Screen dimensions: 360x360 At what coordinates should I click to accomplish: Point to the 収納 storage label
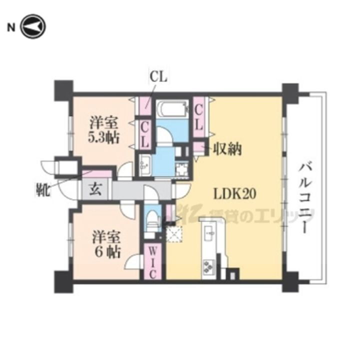pos(227,148)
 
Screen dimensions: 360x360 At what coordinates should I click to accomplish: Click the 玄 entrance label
pos(96,190)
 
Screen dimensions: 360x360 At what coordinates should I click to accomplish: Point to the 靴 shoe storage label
pos(42,189)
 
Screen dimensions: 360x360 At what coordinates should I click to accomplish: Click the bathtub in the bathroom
pos(171,109)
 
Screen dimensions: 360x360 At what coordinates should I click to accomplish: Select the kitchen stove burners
pos(208,266)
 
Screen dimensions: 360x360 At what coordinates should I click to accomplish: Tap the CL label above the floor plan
pos(159,77)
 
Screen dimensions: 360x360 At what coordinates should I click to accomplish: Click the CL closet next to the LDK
pos(198,116)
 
